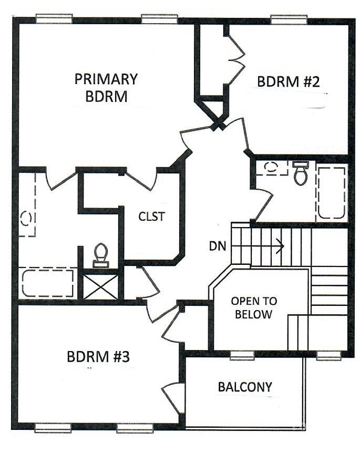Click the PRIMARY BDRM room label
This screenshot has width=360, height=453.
point(106,88)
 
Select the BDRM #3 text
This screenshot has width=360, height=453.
point(98,356)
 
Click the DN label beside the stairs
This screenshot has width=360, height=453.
point(217,245)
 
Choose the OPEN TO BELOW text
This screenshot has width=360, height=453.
point(254,308)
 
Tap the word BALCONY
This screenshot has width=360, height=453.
point(245,387)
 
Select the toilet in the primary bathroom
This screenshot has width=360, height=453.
point(100,255)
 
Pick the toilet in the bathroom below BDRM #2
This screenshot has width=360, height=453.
point(300,173)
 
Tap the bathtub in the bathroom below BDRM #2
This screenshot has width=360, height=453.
point(331,193)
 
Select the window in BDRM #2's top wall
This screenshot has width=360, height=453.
point(289,19)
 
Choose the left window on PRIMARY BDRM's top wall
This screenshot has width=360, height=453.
point(54,19)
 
